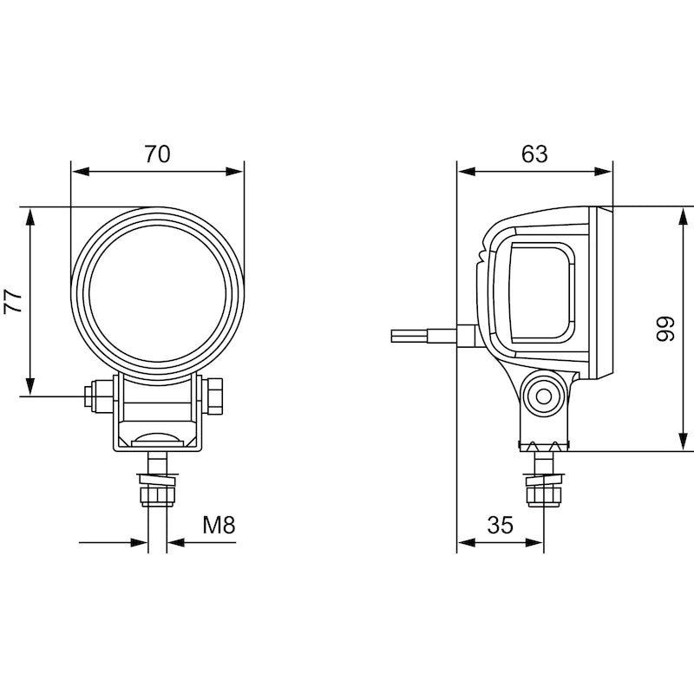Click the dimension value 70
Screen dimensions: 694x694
point(157,154)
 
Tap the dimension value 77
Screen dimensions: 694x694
point(13,302)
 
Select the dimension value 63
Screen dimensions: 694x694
point(534,154)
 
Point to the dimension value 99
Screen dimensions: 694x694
point(665,329)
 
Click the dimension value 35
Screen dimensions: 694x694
point(501,525)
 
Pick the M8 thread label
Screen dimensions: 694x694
point(219,525)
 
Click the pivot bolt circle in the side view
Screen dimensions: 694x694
point(543,396)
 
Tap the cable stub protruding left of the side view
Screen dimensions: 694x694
point(423,336)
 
